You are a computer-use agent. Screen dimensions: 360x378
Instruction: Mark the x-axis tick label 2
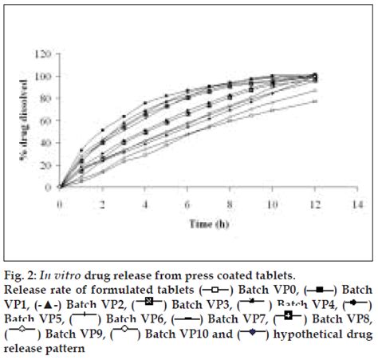(x=103, y=203)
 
